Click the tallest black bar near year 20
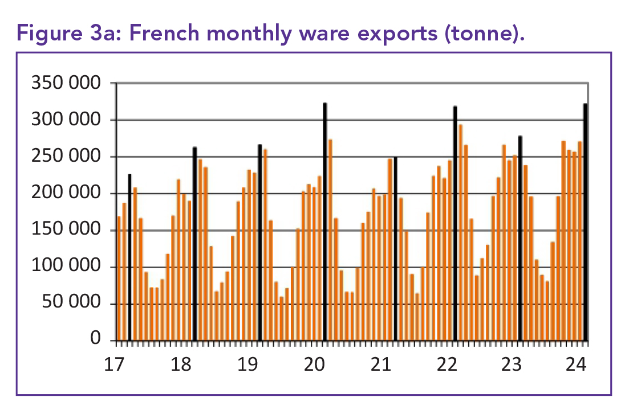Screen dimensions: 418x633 click(x=325, y=222)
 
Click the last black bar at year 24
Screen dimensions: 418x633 click(x=585, y=222)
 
